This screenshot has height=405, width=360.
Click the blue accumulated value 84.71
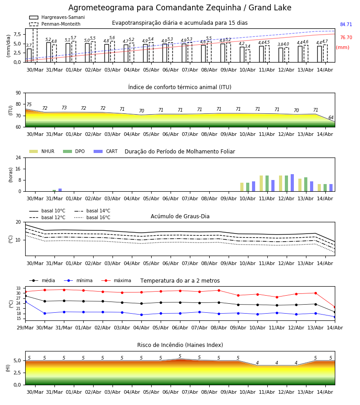pos(346,25)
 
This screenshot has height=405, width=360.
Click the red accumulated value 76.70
pos(346,37)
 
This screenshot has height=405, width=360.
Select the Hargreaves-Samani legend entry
pos(57,17)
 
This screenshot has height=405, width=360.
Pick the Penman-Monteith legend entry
pos(55,24)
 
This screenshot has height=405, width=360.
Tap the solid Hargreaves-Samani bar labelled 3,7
pos(29,55)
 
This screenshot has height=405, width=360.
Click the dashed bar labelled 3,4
pos(247,56)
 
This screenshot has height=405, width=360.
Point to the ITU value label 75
pos(29,104)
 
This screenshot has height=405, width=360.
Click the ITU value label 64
pos(331,117)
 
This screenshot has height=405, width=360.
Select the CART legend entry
pos(106,151)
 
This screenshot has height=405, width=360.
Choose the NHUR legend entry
pos(42,151)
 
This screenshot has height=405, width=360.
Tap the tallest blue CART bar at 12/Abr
pos(292,183)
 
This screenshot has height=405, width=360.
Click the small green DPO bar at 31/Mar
pos(54,191)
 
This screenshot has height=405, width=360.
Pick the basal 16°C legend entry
pos(92,217)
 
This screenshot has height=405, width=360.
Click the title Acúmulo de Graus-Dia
pos(180,216)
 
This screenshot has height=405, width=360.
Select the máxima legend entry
pos(116,280)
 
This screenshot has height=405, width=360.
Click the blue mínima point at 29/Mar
pos(26,301)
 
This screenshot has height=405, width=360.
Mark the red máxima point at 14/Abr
pos(335,307)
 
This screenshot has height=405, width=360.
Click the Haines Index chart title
pos(180,345)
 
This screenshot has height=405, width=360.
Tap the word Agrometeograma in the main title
pos(101,8)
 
